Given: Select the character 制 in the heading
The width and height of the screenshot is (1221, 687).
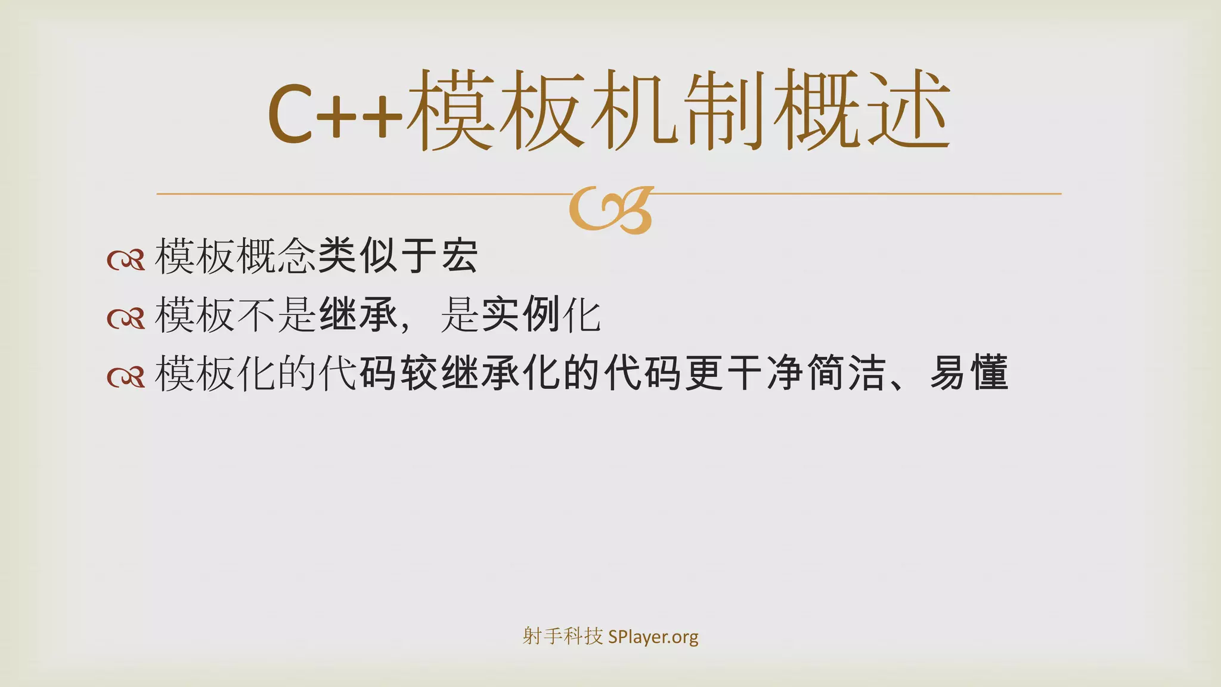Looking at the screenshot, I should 725,110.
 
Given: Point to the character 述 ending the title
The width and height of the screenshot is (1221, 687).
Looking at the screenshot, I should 909,110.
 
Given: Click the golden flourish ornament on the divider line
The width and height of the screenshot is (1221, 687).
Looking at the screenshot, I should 610,209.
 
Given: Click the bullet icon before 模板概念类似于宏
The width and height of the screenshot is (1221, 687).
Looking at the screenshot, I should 126,259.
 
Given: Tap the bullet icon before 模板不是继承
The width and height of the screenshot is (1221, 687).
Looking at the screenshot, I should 126,318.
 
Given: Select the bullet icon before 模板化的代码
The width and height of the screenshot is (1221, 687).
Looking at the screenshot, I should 126,376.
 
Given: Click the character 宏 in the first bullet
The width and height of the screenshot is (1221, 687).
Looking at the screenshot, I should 460,256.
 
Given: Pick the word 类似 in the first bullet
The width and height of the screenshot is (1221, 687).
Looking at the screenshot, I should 358,256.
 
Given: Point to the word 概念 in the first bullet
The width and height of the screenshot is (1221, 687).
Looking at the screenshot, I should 275,256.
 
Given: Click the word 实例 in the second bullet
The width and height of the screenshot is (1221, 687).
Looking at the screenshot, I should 521,315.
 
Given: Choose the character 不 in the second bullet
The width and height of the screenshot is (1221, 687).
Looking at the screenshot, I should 256,315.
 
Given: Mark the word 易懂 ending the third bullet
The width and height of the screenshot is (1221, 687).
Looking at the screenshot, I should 969,373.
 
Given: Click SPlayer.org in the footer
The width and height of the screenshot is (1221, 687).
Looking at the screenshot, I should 653,637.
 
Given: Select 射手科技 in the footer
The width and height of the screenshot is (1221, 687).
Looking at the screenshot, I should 562,636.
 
